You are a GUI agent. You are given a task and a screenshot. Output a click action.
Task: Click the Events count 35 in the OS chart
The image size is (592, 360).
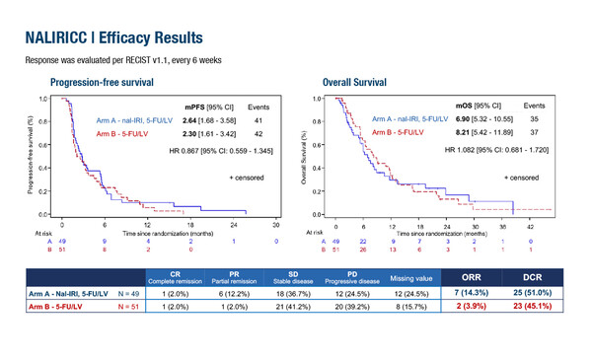(x=534, y=117)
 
